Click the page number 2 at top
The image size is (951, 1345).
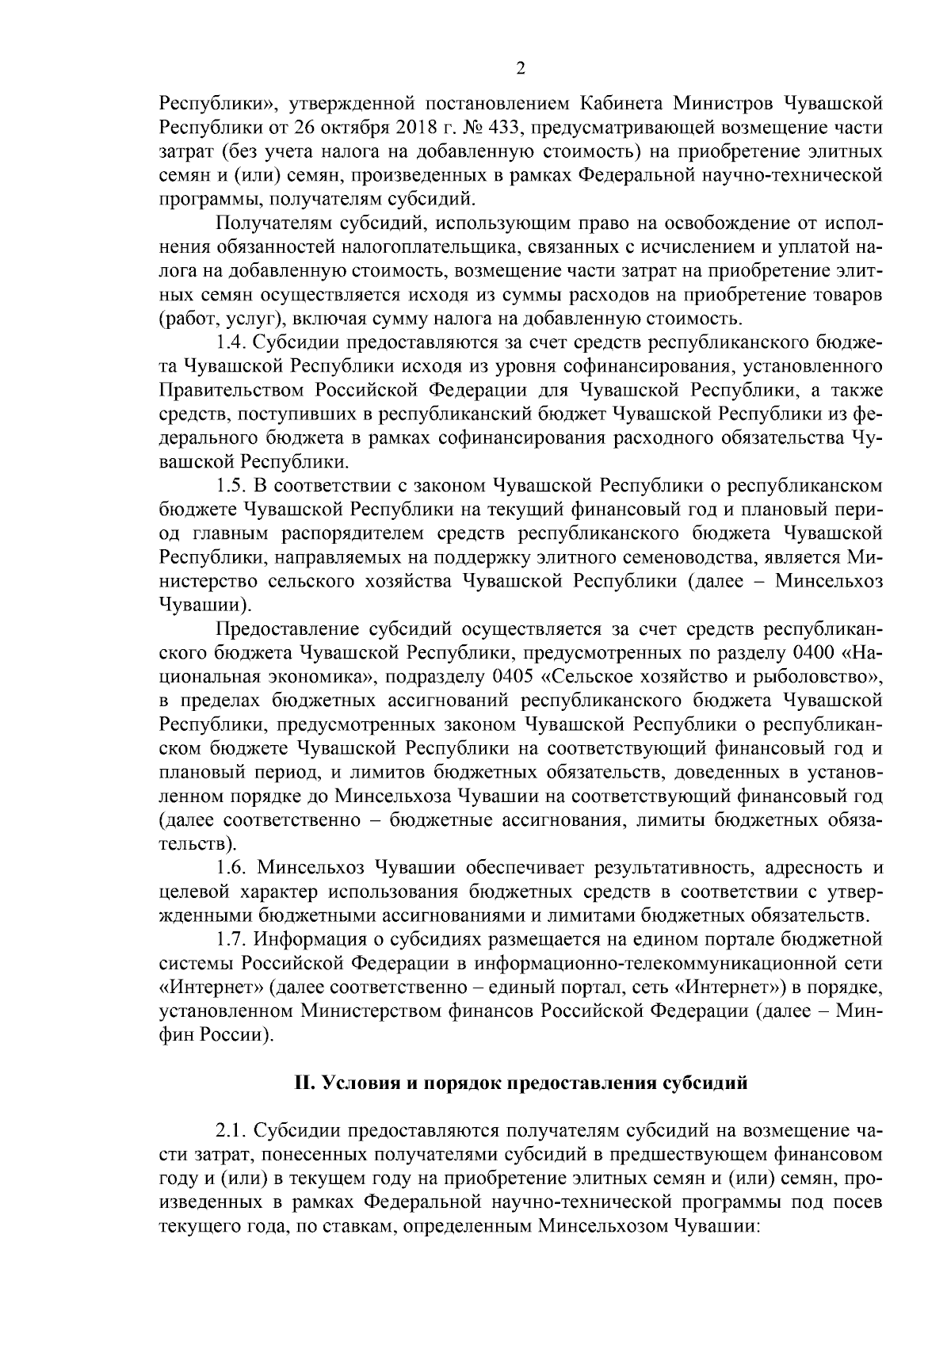pos(520,68)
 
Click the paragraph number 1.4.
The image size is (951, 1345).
pos(230,343)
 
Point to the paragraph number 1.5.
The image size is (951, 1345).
pos(230,485)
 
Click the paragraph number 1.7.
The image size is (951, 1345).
pos(230,940)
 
